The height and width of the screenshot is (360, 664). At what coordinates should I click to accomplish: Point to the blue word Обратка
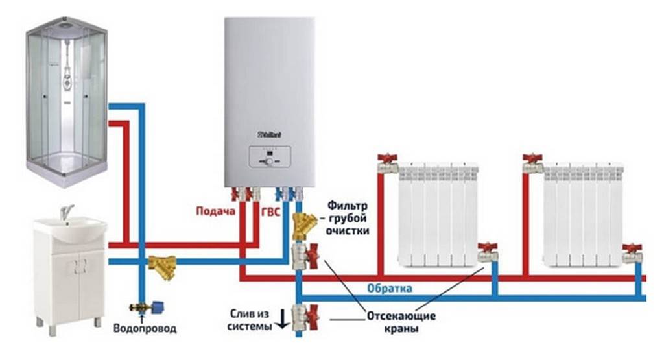(x=389, y=288)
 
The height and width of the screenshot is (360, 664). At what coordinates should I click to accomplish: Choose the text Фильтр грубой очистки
(x=348, y=219)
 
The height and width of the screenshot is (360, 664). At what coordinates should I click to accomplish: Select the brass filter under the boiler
(x=303, y=224)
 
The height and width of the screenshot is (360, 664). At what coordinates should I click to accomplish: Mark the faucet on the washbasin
(x=65, y=212)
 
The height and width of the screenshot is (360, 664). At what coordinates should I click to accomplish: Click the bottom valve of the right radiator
(x=632, y=253)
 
